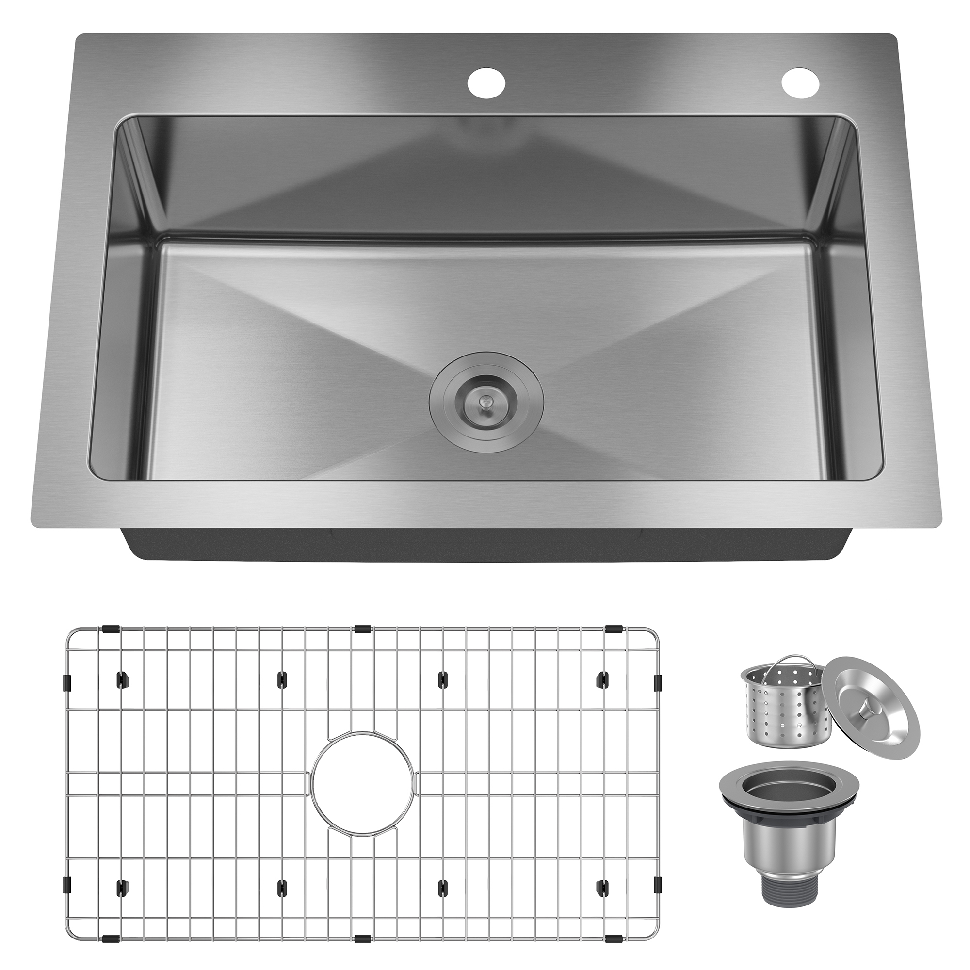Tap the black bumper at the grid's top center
click(x=362, y=629)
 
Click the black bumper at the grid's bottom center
click(x=362, y=938)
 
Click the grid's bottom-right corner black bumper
click(x=614, y=938)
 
